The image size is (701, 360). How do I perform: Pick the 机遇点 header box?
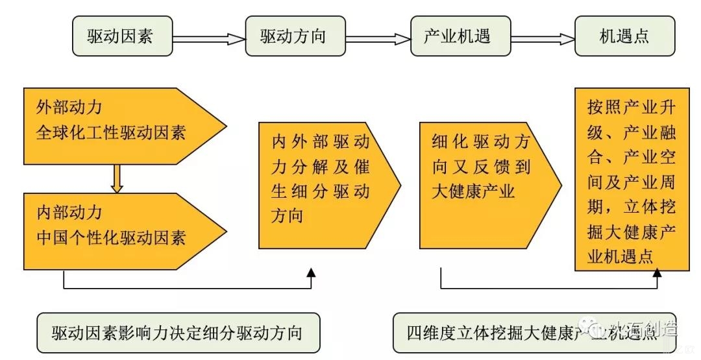coord(624,36)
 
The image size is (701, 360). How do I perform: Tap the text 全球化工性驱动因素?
coord(111,133)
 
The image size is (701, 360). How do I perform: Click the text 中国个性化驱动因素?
coord(111,238)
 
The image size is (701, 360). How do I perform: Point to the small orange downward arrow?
coord(117,180)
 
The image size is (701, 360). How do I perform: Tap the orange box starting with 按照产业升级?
coord(632,178)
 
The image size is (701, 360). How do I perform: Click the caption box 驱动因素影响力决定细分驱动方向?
coord(177,333)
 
